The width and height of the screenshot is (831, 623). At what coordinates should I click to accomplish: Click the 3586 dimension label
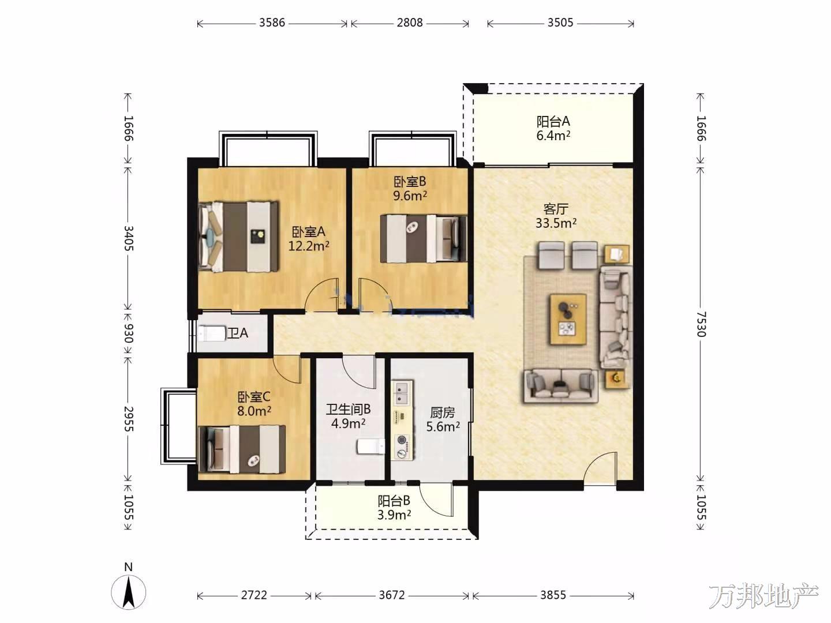[x=272, y=22]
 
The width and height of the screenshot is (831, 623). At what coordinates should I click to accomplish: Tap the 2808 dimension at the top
[x=410, y=22]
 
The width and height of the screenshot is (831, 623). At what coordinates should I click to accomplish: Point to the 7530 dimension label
[x=701, y=324]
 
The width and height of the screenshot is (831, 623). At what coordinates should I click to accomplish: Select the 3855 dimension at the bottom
[x=553, y=595]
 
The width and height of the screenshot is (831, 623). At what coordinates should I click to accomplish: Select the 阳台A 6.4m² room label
[x=553, y=129]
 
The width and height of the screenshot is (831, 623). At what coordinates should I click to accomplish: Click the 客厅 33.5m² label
[x=556, y=216]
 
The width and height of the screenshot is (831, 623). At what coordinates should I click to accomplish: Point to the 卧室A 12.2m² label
[x=309, y=239]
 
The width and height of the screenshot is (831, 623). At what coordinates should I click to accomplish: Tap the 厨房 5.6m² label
[x=443, y=419]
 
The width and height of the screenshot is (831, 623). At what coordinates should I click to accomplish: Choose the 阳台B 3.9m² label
[x=394, y=508]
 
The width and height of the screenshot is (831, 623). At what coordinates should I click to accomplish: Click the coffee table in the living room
[x=568, y=320]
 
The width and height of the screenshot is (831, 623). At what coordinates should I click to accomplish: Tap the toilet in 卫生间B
[x=370, y=446]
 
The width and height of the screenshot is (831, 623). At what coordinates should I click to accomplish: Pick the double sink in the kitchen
[x=400, y=393]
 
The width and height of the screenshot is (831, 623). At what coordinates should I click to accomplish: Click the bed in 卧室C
[x=242, y=449]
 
